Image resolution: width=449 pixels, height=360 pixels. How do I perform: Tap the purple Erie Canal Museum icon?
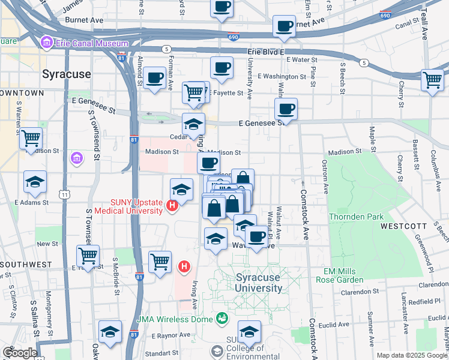46,43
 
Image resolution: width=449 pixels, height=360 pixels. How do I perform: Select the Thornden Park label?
352,216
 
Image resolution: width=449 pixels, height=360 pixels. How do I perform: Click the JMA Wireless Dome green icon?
223,318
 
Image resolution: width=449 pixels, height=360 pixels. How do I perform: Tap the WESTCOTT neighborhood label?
401,226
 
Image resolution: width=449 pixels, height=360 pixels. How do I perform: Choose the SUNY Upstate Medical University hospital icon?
172,206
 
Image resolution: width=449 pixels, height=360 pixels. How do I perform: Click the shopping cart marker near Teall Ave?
432,79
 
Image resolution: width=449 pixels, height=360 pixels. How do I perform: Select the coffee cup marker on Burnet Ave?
283,26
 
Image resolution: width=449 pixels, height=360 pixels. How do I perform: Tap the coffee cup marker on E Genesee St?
286,109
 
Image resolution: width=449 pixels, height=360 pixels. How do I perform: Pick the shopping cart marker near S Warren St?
31,139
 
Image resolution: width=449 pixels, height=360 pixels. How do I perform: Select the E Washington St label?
282,77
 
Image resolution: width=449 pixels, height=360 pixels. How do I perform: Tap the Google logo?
20,353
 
